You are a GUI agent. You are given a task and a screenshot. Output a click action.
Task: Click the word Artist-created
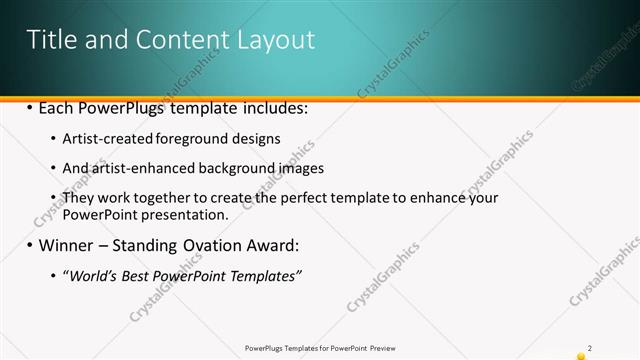[x=109, y=138]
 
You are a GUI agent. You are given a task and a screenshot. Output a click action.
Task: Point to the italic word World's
[x=92, y=275]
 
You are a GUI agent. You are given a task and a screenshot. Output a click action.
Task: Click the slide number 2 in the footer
[x=590, y=347]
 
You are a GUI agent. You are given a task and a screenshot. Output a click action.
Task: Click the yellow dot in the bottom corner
[x=581, y=356]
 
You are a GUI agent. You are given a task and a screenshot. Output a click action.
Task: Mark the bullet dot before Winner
[x=30, y=245]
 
